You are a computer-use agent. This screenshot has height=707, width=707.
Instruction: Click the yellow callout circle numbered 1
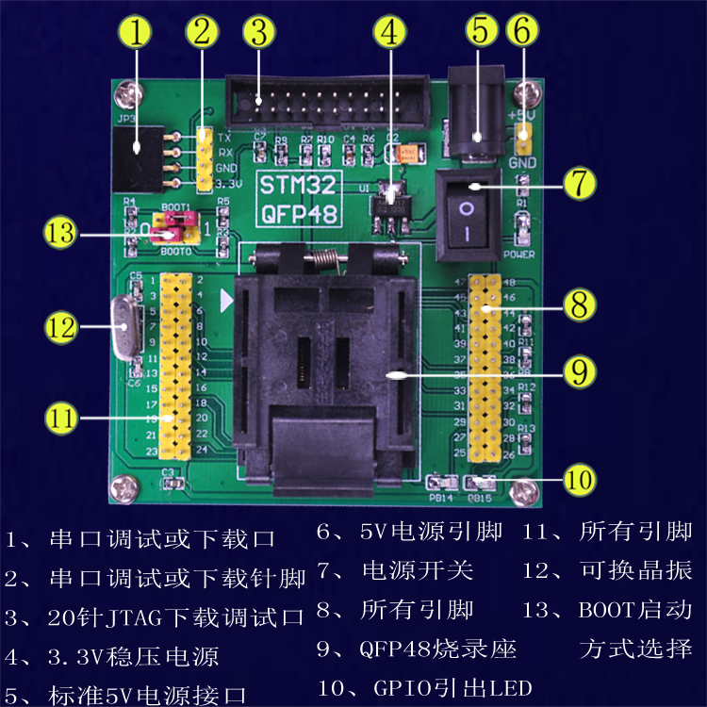tap(137, 34)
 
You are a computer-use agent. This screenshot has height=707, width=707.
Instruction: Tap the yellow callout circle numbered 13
tap(63, 232)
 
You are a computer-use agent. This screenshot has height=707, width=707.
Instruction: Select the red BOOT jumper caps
tap(170, 226)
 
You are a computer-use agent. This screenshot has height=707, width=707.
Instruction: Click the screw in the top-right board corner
tap(534, 93)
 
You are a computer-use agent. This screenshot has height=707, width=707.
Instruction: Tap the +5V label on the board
tap(521, 114)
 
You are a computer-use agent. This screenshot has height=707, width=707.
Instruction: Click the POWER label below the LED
tap(519, 254)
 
